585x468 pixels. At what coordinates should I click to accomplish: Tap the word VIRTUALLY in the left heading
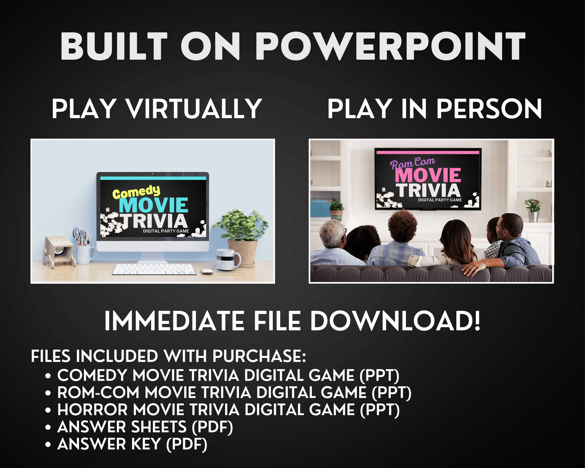(x=194, y=109)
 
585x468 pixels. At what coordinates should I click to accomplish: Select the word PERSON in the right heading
(x=489, y=109)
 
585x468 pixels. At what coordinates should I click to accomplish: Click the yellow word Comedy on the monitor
(x=136, y=192)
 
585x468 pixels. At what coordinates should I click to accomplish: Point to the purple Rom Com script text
(x=412, y=164)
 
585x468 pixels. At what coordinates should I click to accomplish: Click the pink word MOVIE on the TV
(x=428, y=175)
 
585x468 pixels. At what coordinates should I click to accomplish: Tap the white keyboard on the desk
(x=154, y=269)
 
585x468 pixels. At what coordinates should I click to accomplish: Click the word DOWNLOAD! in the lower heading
(x=395, y=321)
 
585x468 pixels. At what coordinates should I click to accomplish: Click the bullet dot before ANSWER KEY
(x=48, y=445)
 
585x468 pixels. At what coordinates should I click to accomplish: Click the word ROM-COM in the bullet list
(x=98, y=393)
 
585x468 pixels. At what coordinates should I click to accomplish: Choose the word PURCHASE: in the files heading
(x=259, y=356)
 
